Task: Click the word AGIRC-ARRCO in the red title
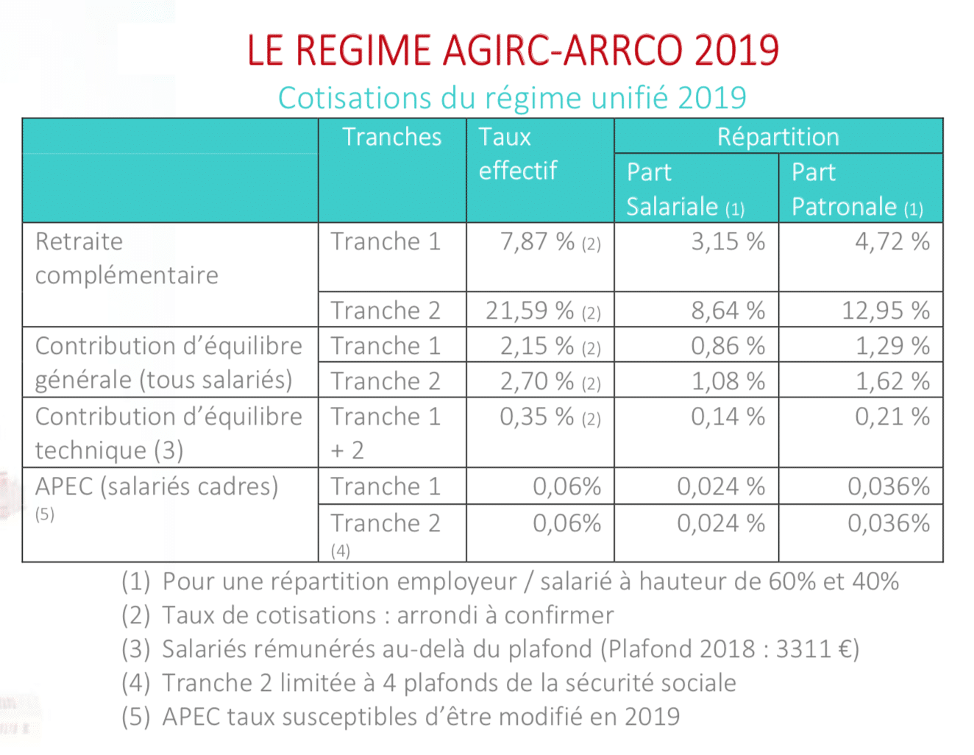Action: click(x=564, y=50)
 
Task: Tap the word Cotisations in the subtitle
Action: click(x=354, y=98)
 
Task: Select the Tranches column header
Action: click(x=392, y=137)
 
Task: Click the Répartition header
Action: click(x=778, y=137)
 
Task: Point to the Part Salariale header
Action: click(x=686, y=189)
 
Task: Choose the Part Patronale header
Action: click(x=858, y=189)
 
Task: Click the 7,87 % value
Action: click(x=537, y=241)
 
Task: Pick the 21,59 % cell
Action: click(x=530, y=311)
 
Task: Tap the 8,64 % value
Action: click(x=728, y=311)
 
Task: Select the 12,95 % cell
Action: click(x=886, y=311)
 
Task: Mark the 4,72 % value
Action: click(x=892, y=241)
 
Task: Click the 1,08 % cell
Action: click(x=728, y=381)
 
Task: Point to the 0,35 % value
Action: click(x=537, y=417)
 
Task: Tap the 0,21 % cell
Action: click(x=892, y=417)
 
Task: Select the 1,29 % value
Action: click(x=892, y=346)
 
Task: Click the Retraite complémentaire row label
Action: click(x=127, y=259)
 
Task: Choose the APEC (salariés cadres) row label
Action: click(x=157, y=487)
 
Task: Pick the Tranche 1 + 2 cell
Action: click(x=385, y=433)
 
